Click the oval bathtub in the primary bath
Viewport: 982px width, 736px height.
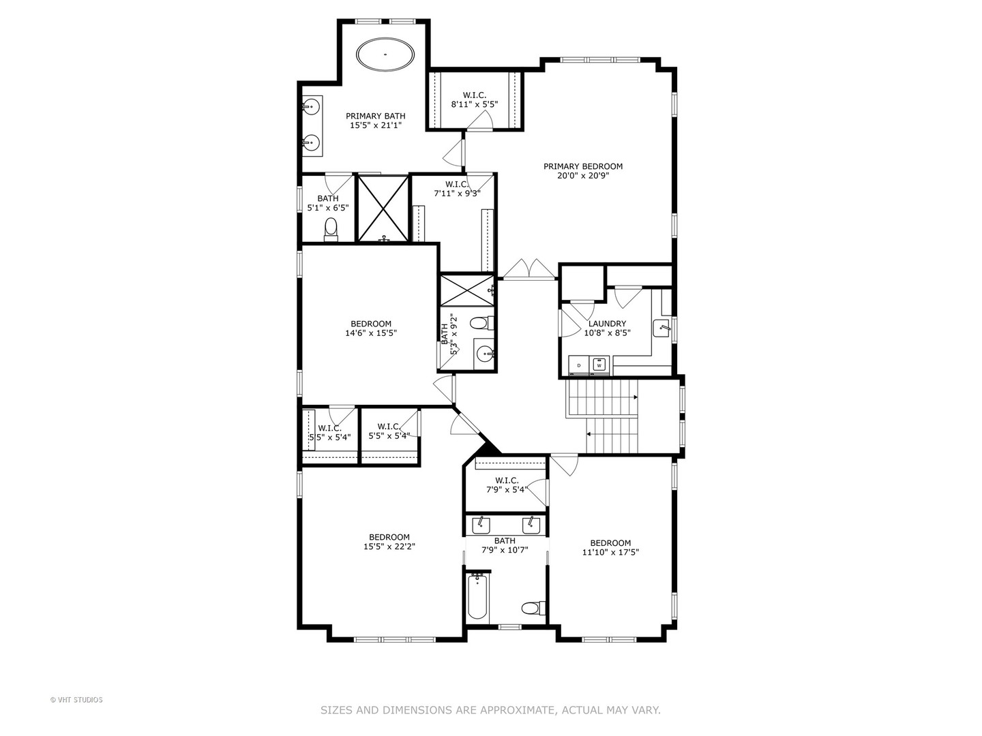(385, 55)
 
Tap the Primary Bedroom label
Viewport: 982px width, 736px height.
(583, 166)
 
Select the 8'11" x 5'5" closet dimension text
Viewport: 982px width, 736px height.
(474, 104)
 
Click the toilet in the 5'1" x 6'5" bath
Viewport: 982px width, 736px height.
(331, 228)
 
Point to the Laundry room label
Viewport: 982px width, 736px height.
(607, 323)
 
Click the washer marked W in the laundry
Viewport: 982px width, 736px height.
(599, 365)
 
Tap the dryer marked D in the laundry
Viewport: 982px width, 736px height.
(579, 365)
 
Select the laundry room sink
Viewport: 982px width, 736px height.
(661, 328)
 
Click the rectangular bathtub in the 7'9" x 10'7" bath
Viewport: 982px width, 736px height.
(477, 596)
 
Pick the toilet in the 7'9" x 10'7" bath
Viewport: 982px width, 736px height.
(533, 608)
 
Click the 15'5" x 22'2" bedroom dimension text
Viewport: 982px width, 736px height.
(389, 546)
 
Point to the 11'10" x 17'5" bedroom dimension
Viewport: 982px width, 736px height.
(610, 552)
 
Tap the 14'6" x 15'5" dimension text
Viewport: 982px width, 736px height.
(371, 333)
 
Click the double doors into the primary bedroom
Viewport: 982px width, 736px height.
(529, 269)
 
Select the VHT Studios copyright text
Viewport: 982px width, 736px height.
(76, 700)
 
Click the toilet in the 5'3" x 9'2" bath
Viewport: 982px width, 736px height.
(482, 322)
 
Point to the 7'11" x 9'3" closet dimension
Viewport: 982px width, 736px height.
(457, 194)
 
